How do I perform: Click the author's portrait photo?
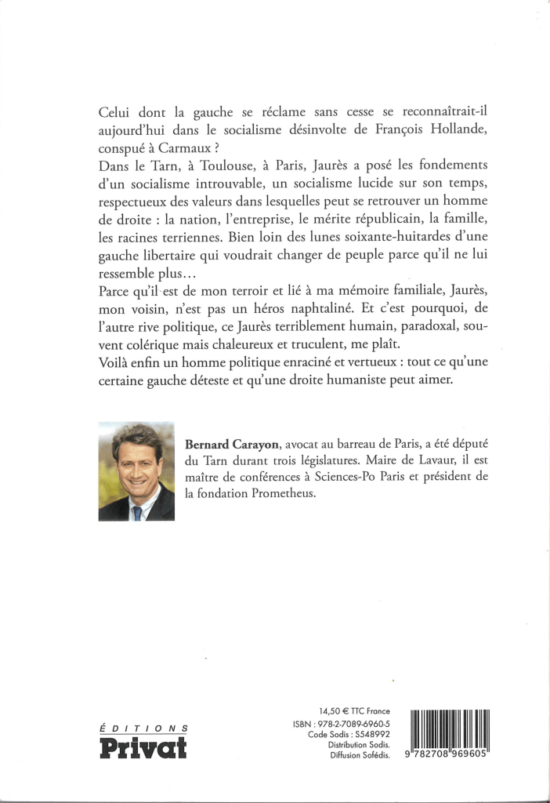coord(136,472)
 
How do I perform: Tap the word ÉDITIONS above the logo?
coord(143,728)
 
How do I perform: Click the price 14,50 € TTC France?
coord(356,710)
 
